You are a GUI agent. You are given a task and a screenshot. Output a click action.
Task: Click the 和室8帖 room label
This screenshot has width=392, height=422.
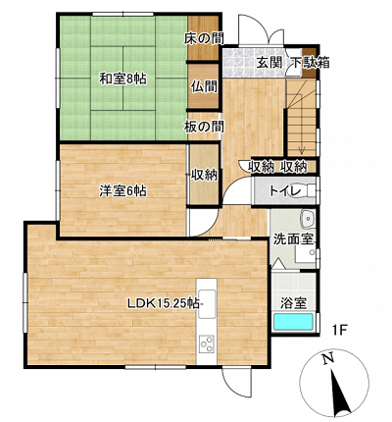point(122,79)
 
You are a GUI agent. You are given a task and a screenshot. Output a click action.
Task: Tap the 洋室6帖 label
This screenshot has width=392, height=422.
point(122,191)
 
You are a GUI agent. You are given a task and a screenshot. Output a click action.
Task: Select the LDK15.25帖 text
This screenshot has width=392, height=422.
point(163,304)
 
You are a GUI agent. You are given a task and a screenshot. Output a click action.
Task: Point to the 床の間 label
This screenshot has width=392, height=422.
point(204,39)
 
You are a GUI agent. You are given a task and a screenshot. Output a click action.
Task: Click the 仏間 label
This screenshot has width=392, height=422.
point(204,87)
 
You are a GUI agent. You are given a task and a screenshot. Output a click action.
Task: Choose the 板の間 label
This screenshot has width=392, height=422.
point(204,127)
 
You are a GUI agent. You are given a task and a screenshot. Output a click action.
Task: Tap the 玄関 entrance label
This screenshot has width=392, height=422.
point(269,62)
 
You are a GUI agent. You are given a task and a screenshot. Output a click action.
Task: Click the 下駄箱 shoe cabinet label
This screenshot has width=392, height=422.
point(310,62)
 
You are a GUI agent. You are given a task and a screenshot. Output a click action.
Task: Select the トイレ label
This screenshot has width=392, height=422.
point(285,191)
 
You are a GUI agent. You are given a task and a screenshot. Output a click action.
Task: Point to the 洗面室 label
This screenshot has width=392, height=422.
point(293,239)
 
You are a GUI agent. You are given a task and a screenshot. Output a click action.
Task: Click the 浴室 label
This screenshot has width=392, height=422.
point(294,303)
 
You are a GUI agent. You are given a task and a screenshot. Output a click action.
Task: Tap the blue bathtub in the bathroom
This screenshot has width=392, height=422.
point(293,322)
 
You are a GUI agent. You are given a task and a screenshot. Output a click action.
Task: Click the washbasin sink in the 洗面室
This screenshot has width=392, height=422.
point(307,219)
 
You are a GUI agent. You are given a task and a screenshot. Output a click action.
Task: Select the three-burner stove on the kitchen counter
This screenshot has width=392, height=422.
point(207,343)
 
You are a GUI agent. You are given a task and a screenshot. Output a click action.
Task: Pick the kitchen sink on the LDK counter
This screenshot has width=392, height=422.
point(207,303)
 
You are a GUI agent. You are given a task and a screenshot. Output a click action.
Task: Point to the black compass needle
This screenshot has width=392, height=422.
point(340,392)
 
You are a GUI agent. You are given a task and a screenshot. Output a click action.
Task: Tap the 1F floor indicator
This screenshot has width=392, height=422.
point(340,330)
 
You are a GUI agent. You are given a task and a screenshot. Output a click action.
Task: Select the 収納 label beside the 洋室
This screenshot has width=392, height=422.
point(204,176)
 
